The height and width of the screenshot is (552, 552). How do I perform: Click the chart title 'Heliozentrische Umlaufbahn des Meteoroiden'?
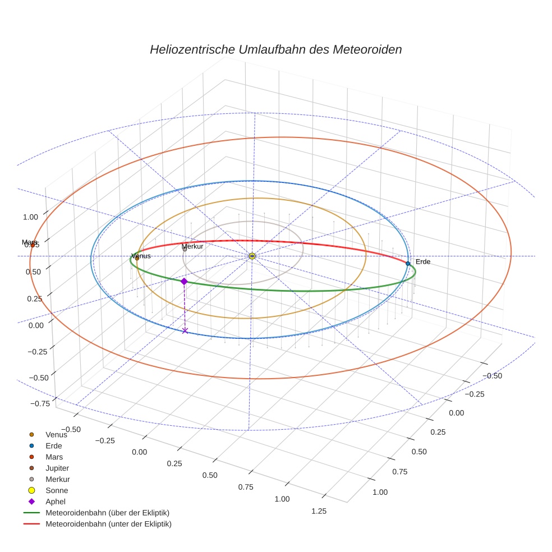pos(275,49)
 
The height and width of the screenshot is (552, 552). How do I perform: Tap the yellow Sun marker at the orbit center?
pos(252,256)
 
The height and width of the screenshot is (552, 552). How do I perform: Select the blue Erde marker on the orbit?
pos(408,263)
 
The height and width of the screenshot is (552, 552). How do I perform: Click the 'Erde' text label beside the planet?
pos(423,261)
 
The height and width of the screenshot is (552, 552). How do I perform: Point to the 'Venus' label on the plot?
pos(141,256)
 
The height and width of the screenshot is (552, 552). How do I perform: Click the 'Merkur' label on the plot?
pos(192,246)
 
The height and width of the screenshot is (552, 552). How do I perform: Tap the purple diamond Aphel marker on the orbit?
pos(184,281)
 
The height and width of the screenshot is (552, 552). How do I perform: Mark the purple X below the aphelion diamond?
pos(185,330)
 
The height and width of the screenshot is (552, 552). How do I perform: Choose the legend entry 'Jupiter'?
pos(57,468)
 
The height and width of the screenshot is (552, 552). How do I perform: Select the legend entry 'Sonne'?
pos(57,490)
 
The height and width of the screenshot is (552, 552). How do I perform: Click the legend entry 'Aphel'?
pos(56,502)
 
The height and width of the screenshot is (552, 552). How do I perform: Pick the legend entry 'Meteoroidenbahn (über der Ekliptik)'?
pos(107,513)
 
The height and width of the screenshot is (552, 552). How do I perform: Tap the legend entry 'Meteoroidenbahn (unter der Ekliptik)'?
pos(108,524)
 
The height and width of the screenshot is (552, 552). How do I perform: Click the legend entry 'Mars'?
pos(54,457)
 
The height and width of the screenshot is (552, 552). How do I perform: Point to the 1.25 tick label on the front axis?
pos(318,510)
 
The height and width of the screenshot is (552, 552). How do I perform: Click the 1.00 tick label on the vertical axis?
pos(30,217)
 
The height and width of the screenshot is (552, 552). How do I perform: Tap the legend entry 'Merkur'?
pos(57,479)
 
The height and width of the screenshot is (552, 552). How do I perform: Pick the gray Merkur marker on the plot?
pos(185,249)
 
